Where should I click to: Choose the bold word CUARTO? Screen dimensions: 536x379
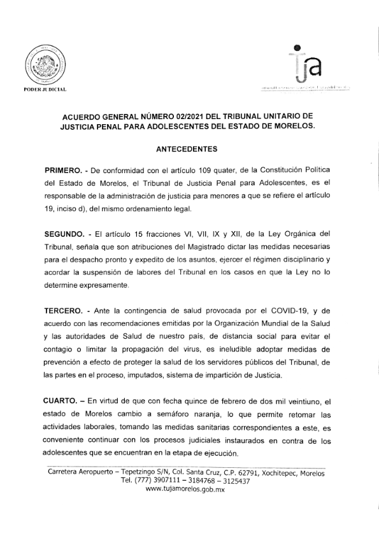click(x=64, y=402)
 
